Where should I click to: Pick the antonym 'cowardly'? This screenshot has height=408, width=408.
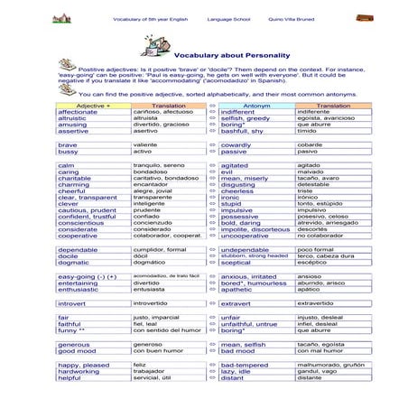[236, 144]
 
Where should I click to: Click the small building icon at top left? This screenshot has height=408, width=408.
[61, 18]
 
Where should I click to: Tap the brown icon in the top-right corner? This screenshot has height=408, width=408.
[364, 17]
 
